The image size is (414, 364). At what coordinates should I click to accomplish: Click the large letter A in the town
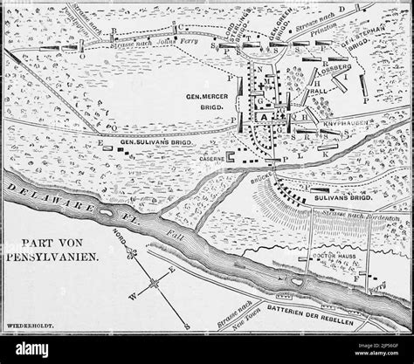[x=262, y=117]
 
